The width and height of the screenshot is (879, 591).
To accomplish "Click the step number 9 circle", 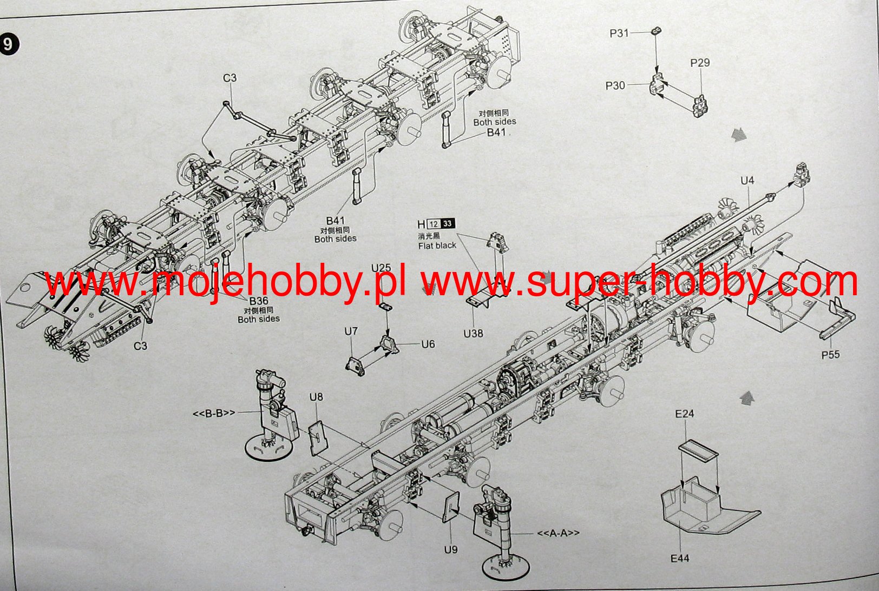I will (8, 44).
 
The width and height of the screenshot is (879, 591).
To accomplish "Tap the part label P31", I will (619, 33).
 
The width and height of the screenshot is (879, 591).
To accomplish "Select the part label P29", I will (699, 63).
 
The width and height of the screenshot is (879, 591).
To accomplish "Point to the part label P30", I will (615, 85).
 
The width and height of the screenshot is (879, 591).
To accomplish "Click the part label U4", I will (747, 181).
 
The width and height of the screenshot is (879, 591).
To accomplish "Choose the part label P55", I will (830, 355).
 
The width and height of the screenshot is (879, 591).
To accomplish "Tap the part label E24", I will (684, 414).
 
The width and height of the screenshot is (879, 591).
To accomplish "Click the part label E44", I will (680, 559).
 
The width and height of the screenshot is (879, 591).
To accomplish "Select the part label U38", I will (473, 334).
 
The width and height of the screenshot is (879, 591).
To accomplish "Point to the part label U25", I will (381, 268).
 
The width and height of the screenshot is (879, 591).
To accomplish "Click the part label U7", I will (351, 331).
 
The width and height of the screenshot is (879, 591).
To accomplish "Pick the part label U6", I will (428, 344).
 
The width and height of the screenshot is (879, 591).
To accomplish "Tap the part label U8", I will (316, 397).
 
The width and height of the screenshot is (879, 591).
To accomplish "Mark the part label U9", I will (450, 549).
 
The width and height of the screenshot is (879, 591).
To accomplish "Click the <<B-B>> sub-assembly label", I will (214, 414).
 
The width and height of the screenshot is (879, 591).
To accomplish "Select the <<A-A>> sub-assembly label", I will (558, 533).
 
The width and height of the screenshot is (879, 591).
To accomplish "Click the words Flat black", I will (437, 245).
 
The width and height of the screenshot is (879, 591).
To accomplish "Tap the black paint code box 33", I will (448, 224).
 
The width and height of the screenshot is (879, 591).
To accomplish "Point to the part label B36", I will (259, 301).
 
